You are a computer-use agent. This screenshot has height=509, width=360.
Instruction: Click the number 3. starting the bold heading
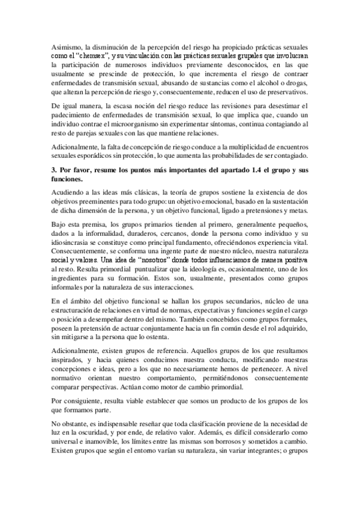coord(55,170)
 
